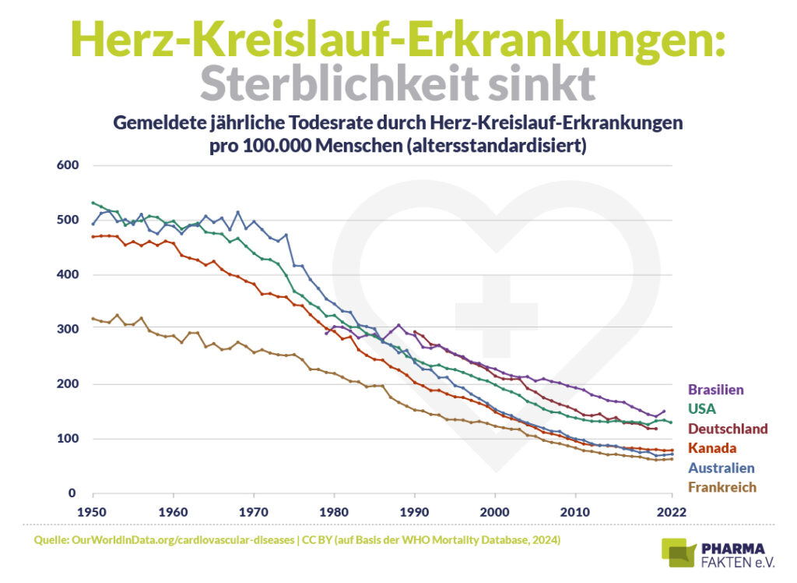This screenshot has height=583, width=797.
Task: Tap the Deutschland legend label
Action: (728, 429)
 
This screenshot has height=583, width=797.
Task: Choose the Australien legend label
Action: (722, 468)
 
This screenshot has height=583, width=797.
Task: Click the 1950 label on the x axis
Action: (93, 511)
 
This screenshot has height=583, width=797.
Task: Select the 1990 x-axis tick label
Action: (414, 511)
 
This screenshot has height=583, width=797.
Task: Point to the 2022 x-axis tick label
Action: (670, 511)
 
